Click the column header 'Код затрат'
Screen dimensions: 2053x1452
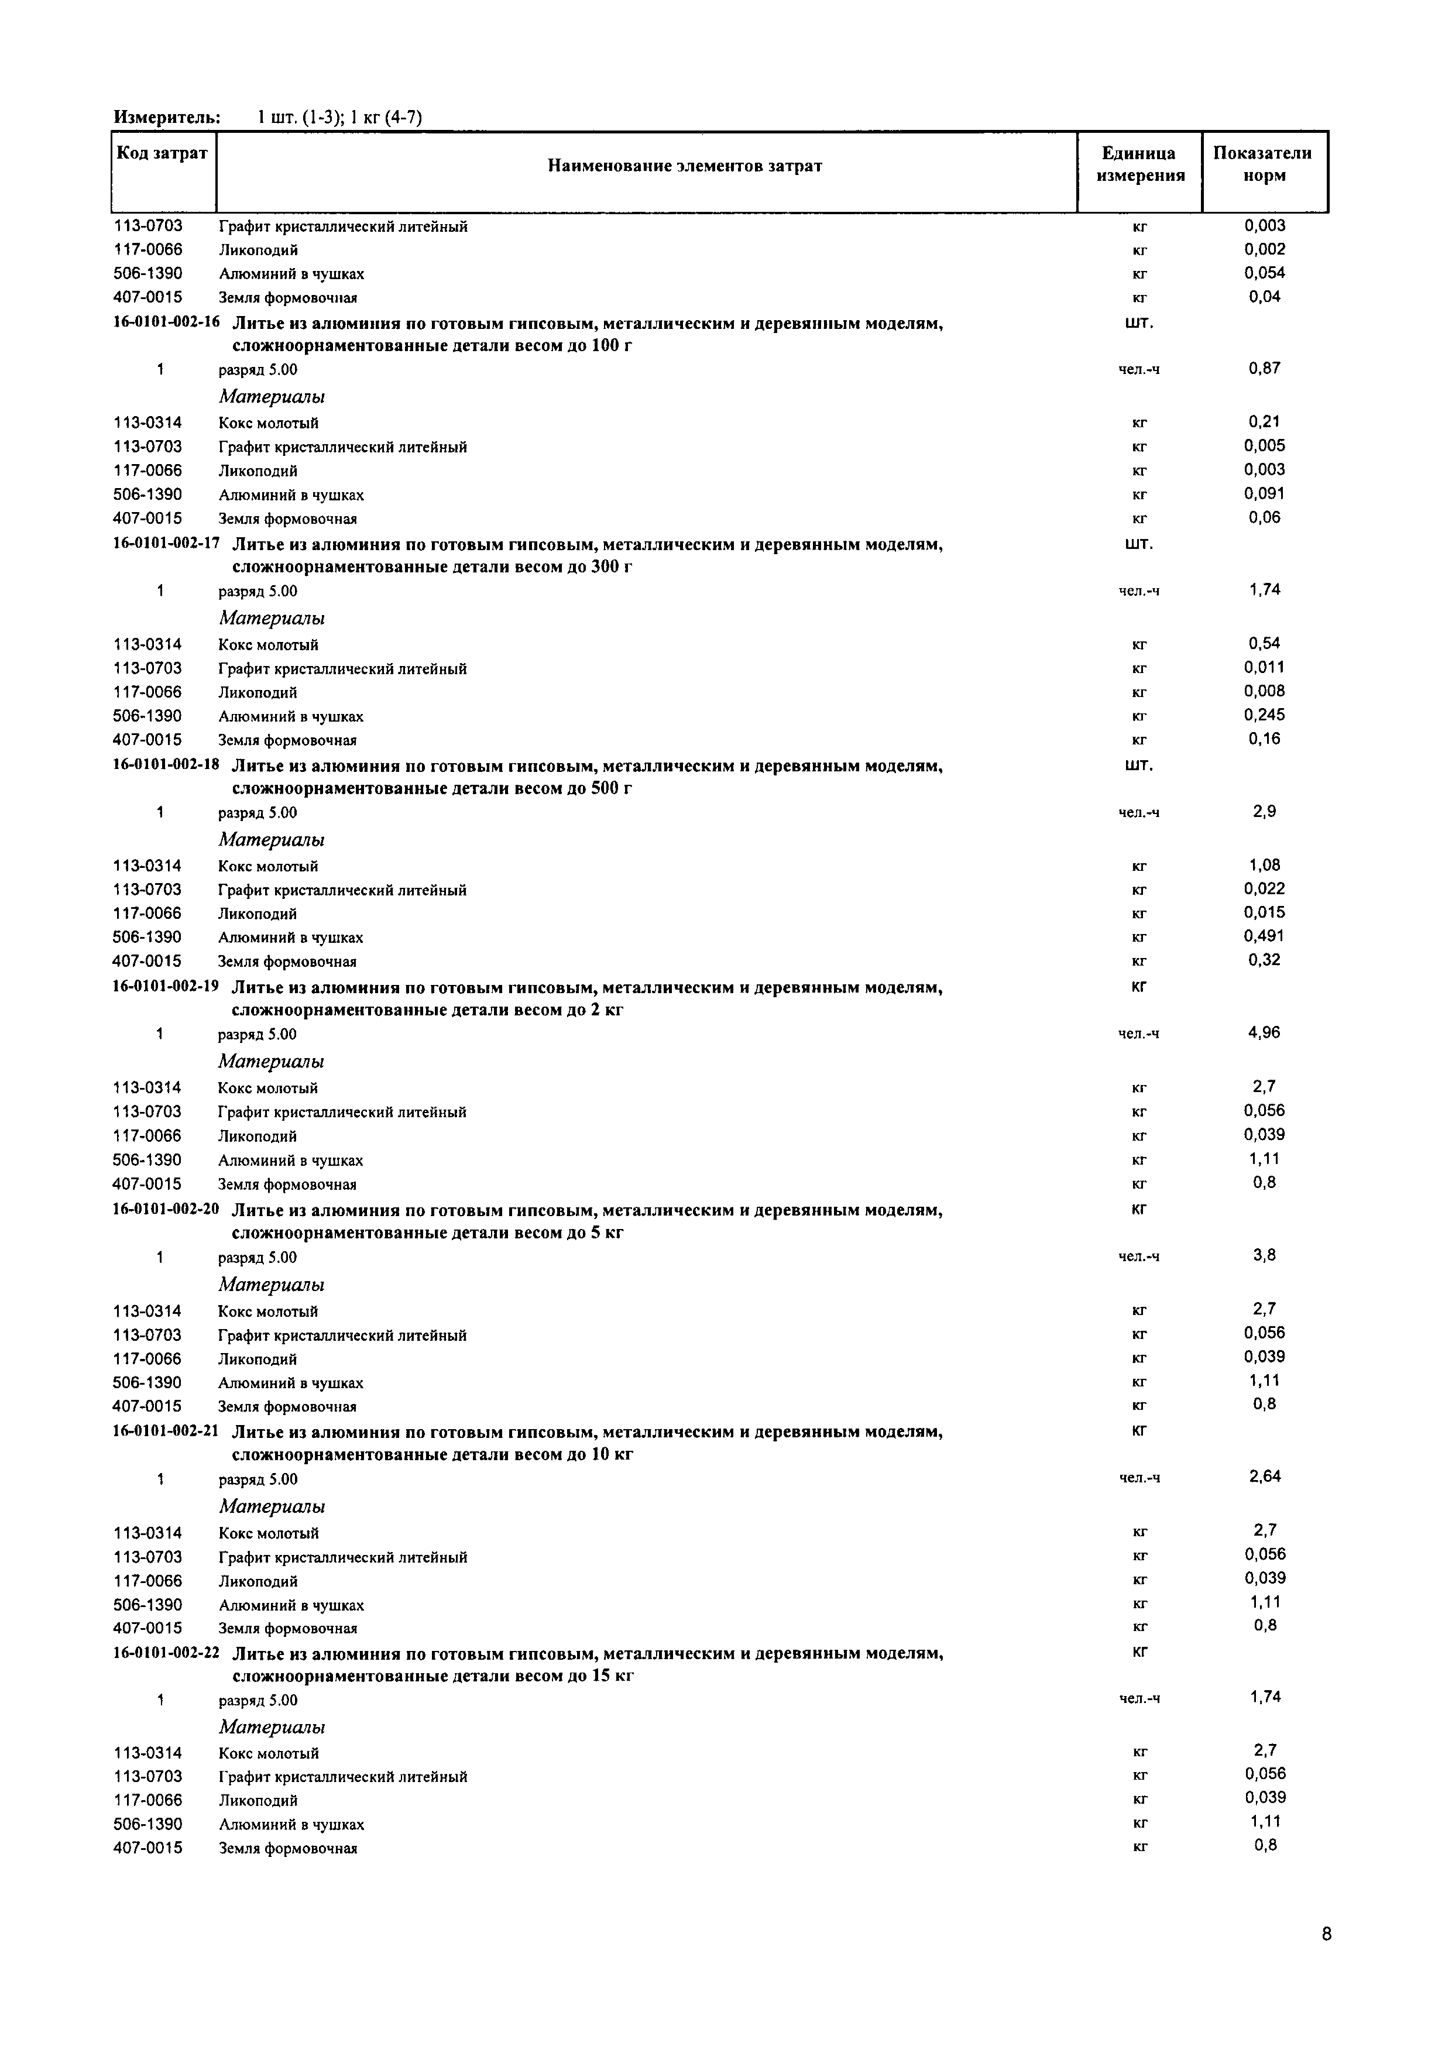(x=162, y=153)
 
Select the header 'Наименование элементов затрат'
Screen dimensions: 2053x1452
(x=685, y=166)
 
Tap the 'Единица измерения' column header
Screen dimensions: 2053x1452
(x=1140, y=164)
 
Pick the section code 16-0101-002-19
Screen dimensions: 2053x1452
(x=166, y=987)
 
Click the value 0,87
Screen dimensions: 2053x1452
(x=1264, y=368)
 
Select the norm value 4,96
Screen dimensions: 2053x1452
(x=1264, y=1033)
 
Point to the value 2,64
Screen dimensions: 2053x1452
(x=1264, y=1477)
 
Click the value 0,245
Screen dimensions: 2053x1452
(x=1264, y=715)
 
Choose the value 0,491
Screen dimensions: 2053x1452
(x=1264, y=936)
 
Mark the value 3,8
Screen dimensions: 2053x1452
(x=1264, y=1255)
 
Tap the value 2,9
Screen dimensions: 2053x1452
(x=1264, y=812)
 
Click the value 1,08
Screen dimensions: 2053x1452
(x=1264, y=864)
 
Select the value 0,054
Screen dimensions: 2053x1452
(x=1264, y=273)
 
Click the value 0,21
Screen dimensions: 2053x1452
(x=1264, y=421)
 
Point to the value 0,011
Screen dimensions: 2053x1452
(x=1264, y=667)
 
